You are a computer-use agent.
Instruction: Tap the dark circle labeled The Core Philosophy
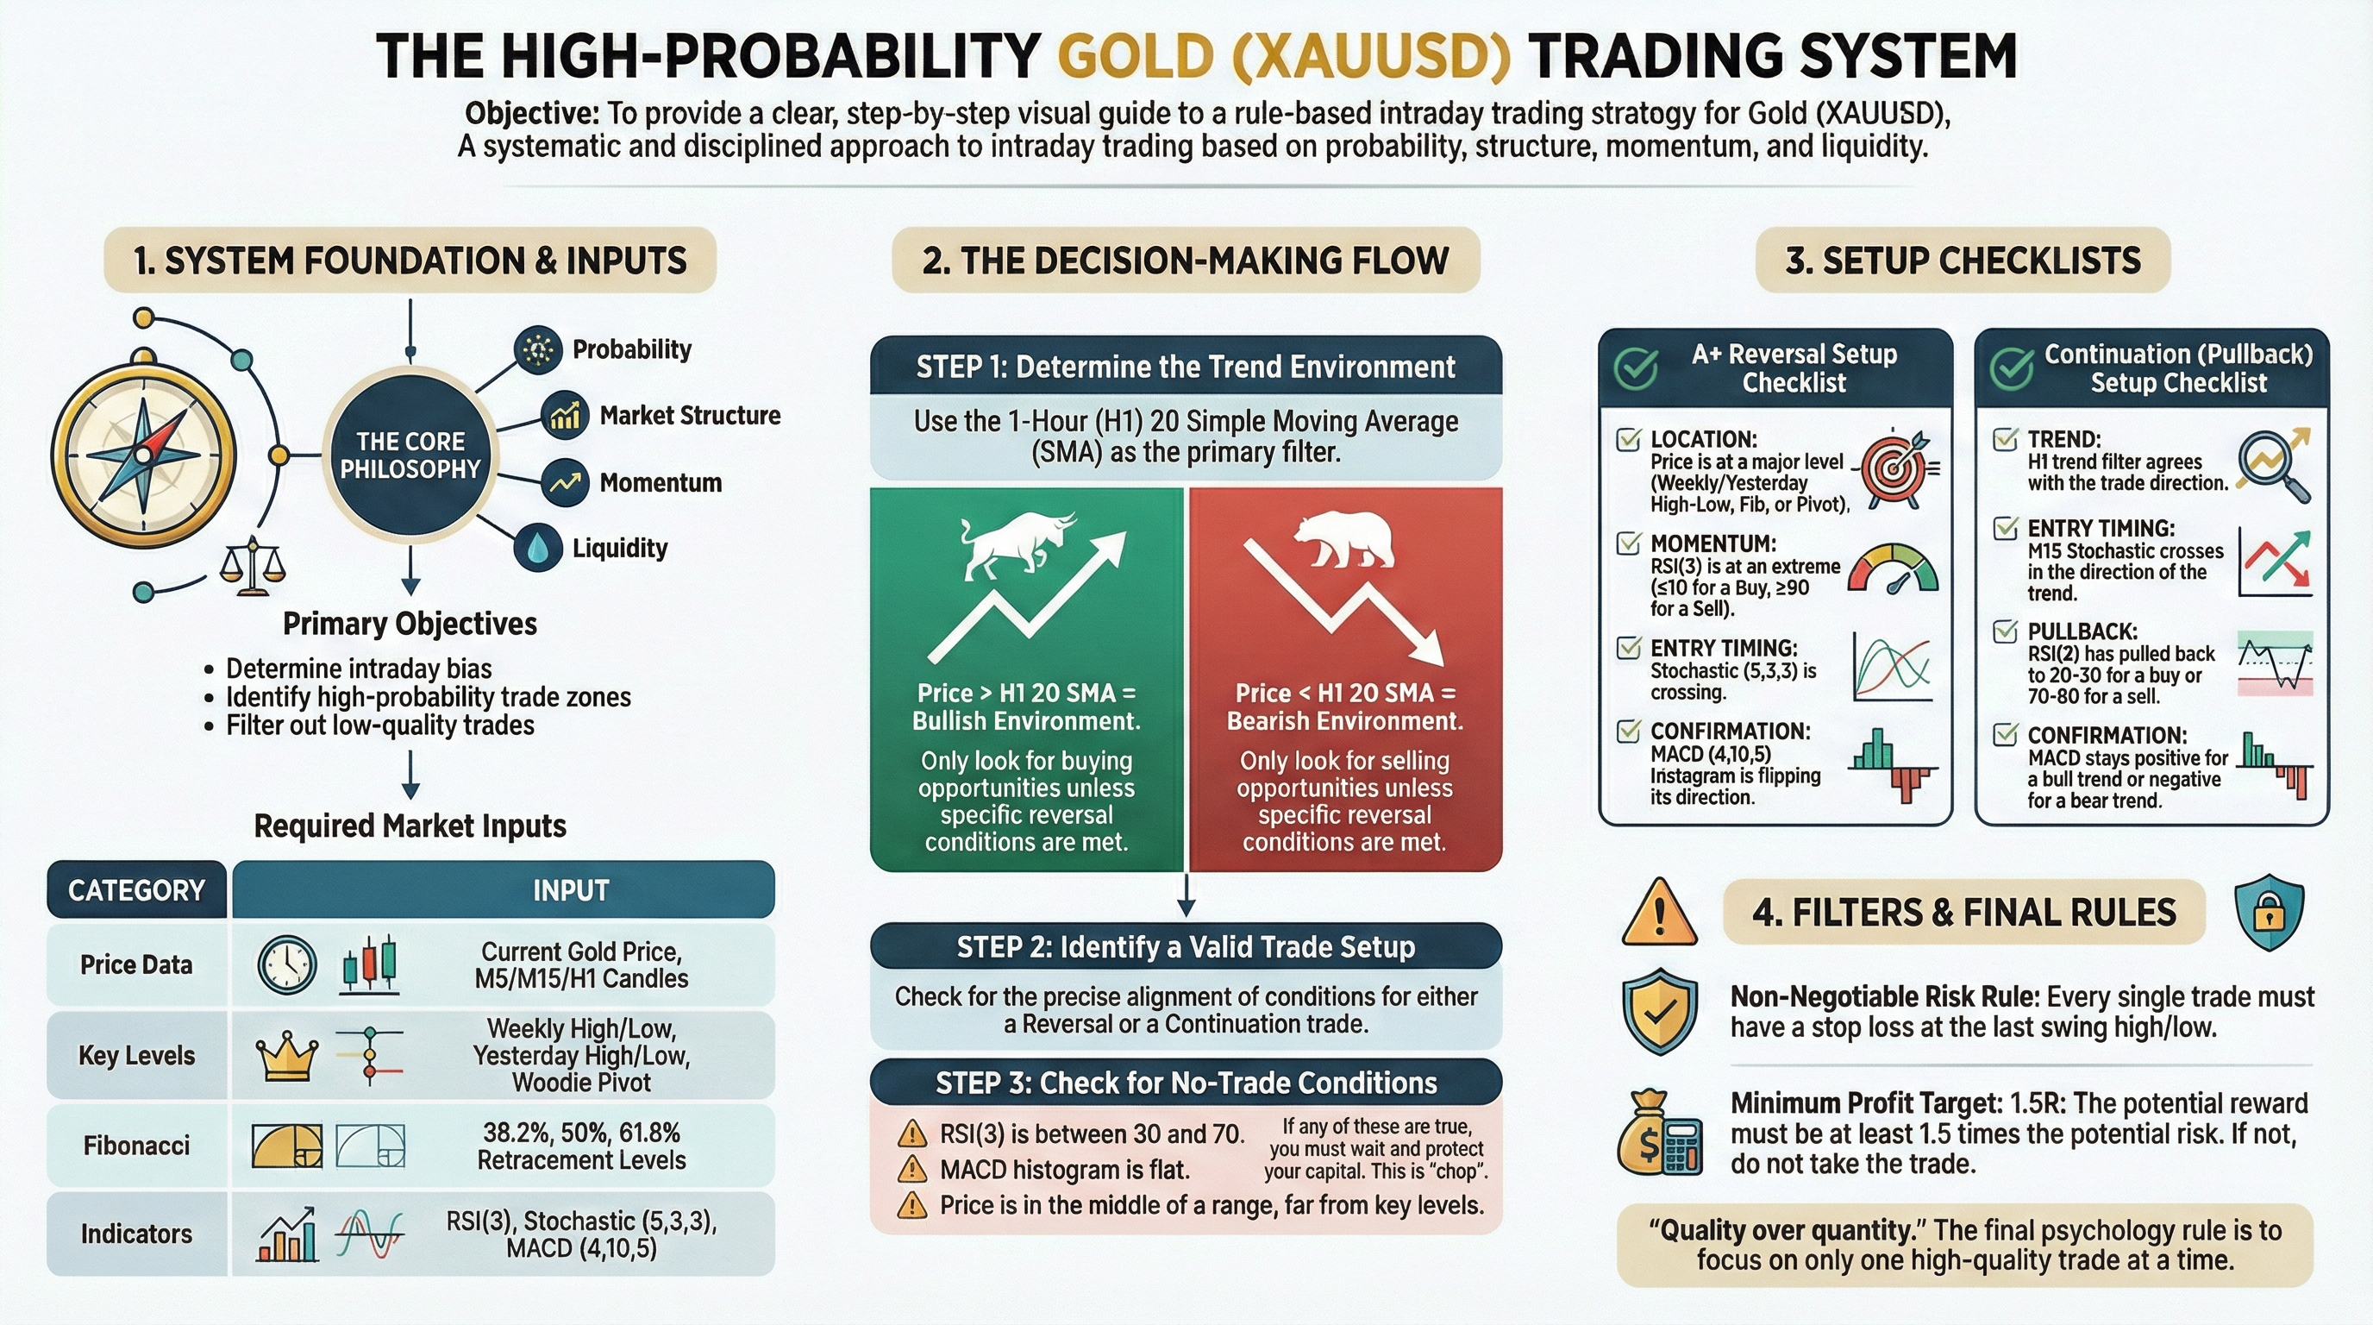(x=410, y=455)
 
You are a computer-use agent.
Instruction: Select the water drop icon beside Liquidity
(x=539, y=547)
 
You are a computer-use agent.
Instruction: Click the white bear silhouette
(x=1345, y=540)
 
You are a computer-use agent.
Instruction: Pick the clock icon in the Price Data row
(x=287, y=964)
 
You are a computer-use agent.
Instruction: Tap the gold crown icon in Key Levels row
(x=287, y=1055)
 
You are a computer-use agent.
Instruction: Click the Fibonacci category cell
(x=136, y=1146)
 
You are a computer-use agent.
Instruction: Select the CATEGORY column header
(x=136, y=890)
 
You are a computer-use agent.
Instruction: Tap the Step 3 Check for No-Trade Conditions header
(x=1186, y=1083)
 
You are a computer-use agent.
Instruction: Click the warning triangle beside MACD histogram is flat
(x=912, y=1169)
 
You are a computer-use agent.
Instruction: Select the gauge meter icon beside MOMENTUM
(x=1894, y=569)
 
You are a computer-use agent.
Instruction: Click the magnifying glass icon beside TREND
(x=2274, y=466)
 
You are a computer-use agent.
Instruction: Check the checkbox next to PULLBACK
(x=2005, y=631)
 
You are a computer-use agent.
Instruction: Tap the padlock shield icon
(x=2270, y=912)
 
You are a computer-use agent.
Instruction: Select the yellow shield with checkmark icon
(x=1659, y=1011)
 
